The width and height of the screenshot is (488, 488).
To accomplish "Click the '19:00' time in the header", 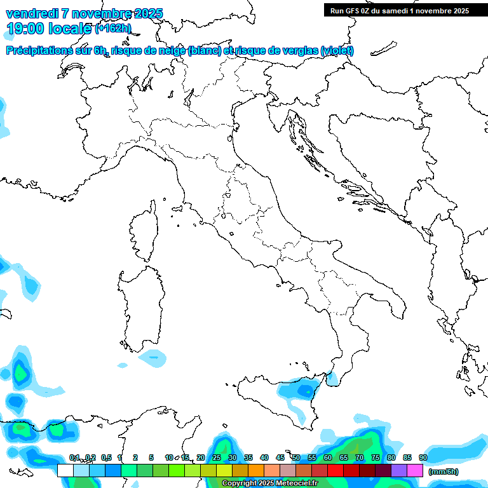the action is (24, 28).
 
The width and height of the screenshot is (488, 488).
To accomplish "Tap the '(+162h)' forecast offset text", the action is (113, 29).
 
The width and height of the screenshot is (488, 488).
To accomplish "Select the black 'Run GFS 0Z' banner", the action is (399, 11).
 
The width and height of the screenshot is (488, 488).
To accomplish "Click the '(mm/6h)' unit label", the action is (444, 471).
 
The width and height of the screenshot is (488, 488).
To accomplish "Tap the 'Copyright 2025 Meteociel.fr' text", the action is (269, 484).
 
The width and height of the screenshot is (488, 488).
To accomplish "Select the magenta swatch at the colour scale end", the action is (415, 470).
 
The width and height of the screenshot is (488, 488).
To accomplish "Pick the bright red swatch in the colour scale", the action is (335, 470).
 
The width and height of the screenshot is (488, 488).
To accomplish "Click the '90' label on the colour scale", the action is (423, 458).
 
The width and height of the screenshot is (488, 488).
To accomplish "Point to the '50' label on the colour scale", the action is (296, 458).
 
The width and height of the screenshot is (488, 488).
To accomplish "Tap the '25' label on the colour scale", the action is (217, 458).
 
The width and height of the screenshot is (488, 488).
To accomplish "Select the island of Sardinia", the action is (139, 305).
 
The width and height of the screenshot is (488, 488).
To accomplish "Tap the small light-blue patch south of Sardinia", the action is (152, 358).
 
